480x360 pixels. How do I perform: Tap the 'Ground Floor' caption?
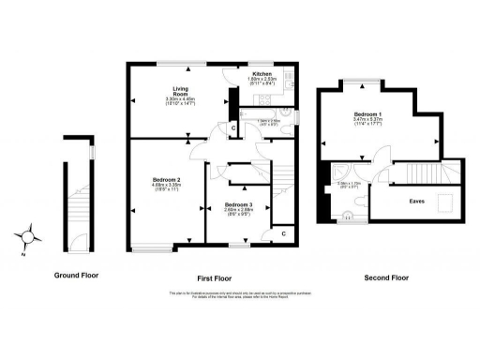(77, 277)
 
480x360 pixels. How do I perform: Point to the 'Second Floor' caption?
(386, 277)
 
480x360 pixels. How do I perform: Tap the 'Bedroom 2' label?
(166, 179)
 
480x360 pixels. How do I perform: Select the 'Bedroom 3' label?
(238, 204)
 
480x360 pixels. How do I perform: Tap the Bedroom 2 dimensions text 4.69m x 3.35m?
(166, 187)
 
